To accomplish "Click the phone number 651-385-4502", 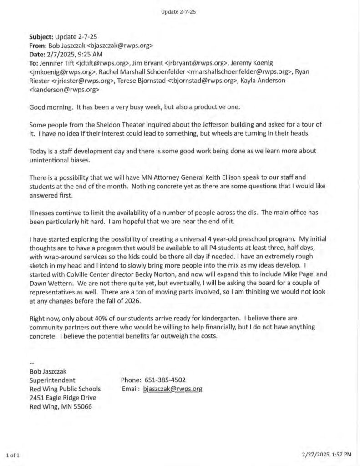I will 165,380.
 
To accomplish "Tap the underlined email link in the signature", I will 172,389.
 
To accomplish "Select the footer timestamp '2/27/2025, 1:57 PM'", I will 326,454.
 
